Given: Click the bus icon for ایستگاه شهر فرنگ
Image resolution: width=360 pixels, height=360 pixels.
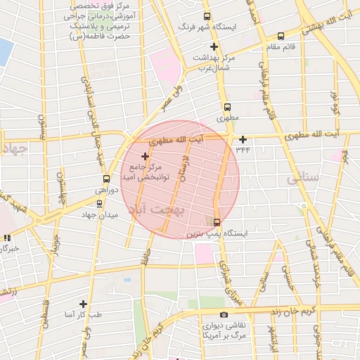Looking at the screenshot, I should (206, 16).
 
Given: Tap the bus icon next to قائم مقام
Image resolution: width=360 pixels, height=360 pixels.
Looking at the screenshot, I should (281, 36).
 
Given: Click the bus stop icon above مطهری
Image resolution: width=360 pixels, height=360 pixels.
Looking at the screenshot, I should (226, 107).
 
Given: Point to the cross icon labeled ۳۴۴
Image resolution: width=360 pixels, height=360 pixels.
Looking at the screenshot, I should (243, 139).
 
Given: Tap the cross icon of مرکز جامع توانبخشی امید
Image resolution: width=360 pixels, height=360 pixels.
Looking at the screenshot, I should (146, 155).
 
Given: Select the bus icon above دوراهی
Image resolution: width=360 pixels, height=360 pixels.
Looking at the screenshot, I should (105, 179).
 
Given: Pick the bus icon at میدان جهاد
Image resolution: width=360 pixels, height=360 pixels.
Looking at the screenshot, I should (99, 204).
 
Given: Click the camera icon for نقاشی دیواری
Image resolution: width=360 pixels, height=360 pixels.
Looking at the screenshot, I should (224, 314).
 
